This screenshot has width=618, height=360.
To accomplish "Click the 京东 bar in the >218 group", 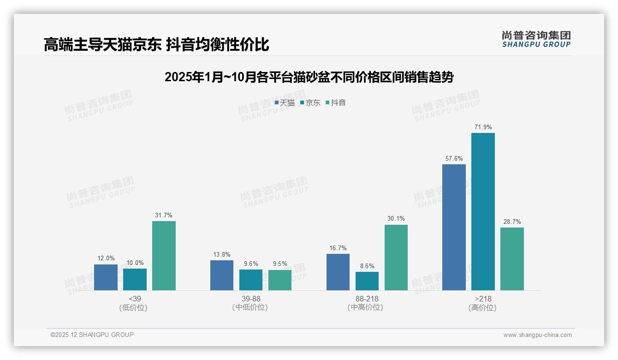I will [483, 211].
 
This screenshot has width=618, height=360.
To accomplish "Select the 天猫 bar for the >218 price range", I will [454, 227].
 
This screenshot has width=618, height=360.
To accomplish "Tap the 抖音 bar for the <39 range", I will [164, 256].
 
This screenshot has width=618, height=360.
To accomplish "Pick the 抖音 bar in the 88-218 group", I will [396, 258].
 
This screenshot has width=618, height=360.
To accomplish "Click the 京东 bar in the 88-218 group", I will [367, 281].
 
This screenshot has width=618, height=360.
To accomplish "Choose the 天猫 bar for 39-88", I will [222, 275].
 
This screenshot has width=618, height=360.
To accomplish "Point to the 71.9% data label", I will [483, 127].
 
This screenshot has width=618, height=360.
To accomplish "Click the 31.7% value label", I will [164, 215].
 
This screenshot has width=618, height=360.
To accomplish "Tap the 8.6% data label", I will [367, 266].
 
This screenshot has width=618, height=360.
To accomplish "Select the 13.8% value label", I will [222, 254].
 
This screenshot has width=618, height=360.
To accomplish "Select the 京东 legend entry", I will [310, 103].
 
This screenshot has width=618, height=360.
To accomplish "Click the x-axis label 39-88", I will [251, 299].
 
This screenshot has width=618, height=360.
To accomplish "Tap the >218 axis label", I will [483, 299].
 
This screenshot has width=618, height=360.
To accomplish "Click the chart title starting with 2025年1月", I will [309, 77].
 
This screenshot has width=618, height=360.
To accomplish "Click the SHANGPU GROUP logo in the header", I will [536, 39].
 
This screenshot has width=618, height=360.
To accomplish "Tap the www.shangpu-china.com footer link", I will [537, 335].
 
